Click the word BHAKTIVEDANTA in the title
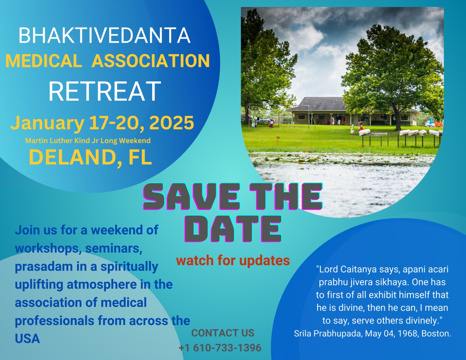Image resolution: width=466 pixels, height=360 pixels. coord(105,35)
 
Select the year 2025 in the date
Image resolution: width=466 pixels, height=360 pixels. coord(172,123)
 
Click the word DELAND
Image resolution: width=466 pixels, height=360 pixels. coord(72,157)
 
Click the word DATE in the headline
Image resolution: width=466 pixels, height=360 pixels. coord(233,229)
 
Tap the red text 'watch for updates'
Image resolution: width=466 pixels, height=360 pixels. coord(233,261)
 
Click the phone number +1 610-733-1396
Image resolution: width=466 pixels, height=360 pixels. coord(220,348)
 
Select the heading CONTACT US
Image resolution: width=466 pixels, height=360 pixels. coord(223,333)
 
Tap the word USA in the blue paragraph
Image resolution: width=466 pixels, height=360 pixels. coord(28,339)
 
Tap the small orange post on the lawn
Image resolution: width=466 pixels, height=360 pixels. coord(278,138)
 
